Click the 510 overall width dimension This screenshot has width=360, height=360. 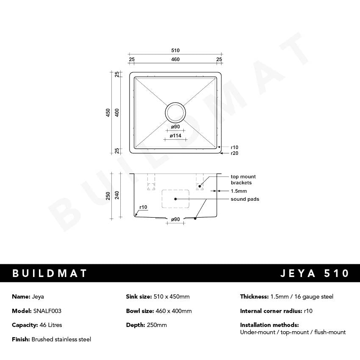175,50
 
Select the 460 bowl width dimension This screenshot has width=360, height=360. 175,59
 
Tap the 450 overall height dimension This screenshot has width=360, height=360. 108,113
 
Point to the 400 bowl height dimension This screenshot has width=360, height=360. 117,113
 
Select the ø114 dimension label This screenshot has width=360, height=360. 175,136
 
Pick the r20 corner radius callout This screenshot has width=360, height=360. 234,153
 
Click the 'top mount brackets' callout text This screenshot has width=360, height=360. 243,180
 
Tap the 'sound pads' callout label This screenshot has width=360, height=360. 245,199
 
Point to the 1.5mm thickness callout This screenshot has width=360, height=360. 238,191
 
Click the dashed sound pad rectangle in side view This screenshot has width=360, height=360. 175,199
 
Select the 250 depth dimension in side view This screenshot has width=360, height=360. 108,196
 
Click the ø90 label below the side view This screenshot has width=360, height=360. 175,219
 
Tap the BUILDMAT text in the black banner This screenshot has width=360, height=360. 50,273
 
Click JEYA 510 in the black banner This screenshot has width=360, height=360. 315,273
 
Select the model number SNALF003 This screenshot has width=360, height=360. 47,311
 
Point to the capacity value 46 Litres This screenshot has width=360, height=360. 47,325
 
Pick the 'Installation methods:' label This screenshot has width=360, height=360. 269,325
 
